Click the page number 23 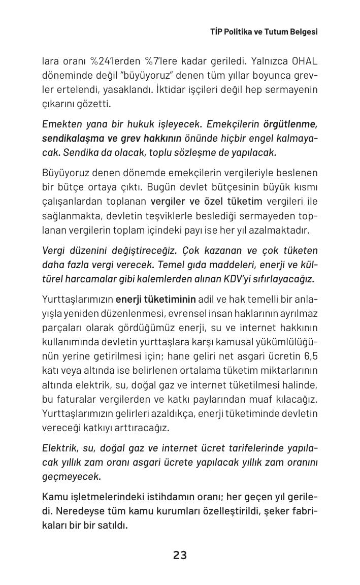(180, 556)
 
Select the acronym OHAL (305, 61)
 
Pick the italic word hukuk (141, 124)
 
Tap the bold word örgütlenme (290, 124)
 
